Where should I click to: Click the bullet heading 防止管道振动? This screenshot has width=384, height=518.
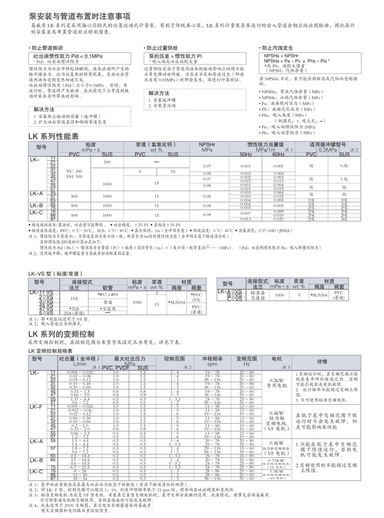tap(50, 47)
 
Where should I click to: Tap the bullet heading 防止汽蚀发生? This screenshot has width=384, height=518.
tap(279, 47)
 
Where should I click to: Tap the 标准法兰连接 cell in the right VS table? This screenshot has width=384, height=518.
tap(262, 295)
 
